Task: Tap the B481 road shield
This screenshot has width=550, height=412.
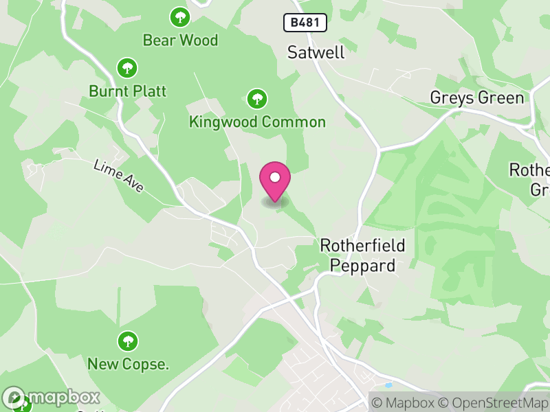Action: coord(305,23)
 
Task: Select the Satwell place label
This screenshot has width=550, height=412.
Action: coord(316,52)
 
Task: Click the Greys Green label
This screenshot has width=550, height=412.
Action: coord(476,98)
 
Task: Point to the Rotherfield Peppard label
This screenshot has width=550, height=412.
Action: coord(363,255)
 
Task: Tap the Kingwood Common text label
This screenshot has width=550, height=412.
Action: coord(257,122)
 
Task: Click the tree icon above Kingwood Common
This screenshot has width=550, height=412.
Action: coord(257,99)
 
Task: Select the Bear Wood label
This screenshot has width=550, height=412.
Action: coord(180,40)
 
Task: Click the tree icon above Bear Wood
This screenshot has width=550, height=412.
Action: coord(180,16)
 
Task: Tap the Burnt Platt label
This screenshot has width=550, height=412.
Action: coord(127,91)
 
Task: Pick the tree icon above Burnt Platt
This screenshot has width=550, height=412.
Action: coord(127,67)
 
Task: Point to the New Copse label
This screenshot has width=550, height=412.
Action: coord(128,364)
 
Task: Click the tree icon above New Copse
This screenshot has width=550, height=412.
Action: coord(128,341)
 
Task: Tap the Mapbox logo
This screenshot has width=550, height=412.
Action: coord(52,397)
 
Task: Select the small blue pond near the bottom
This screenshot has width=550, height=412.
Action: coord(389,385)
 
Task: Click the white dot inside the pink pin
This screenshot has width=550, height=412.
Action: coord(275,177)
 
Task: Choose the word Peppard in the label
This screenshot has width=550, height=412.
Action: coord(363,265)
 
